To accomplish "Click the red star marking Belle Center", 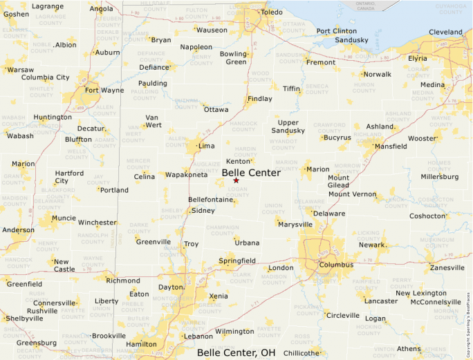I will coord(236,180).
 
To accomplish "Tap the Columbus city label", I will coord(336,265).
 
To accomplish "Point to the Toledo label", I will coord(272,12).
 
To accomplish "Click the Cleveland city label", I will coord(445,32).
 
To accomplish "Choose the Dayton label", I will coord(170,287).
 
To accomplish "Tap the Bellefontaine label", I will coord(210,200).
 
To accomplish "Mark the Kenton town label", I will coord(237,161).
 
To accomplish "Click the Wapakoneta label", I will coord(186,175).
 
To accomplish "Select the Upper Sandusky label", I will coord(287,126).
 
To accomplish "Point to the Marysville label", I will coord(295,224).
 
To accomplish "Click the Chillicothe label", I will coord(302,352).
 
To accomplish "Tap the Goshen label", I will coord(16,14).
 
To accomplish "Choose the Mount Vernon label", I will coord(352,194).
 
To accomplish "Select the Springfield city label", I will coord(237,260).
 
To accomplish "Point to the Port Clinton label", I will coord(336,31).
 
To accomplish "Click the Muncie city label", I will coord(64,218).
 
